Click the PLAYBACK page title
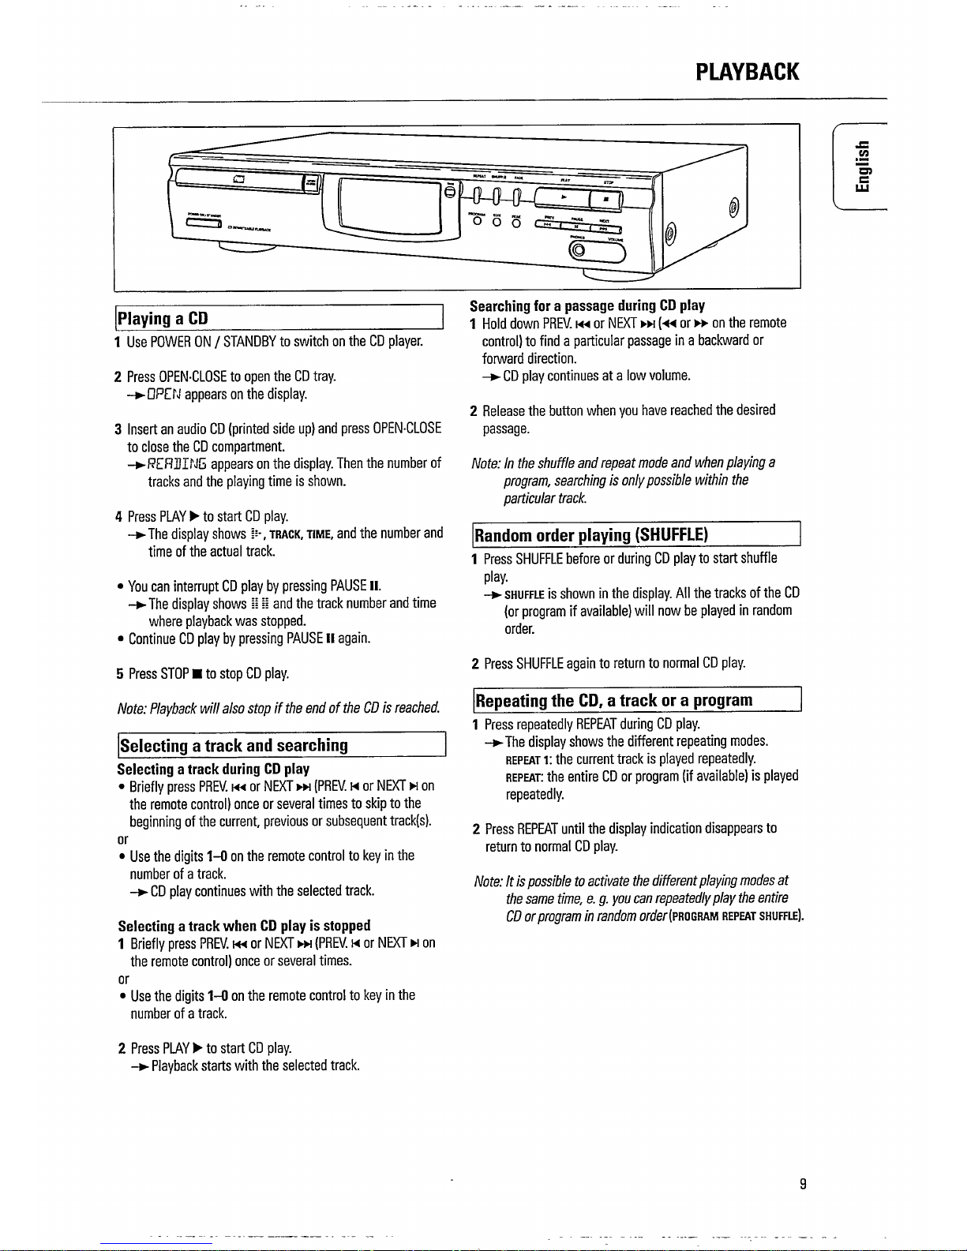(747, 72)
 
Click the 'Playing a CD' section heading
(163, 318)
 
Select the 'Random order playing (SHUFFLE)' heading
(591, 535)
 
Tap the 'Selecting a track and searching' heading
(233, 745)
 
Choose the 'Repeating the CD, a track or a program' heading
(613, 700)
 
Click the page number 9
(802, 1183)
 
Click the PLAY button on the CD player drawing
(562, 195)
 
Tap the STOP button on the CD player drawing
(604, 197)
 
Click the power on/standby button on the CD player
(201, 221)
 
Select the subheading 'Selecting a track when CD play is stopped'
(244, 925)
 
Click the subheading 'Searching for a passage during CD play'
(587, 305)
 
